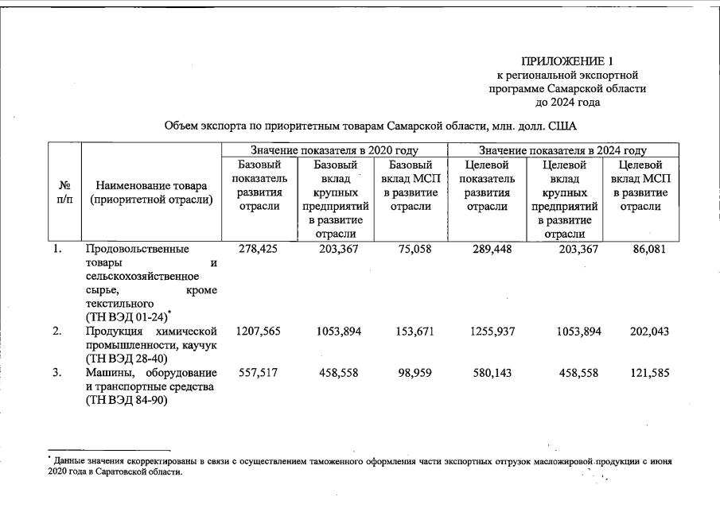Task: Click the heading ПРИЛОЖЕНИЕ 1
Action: pos(567,61)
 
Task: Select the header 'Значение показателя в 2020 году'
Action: pos(334,149)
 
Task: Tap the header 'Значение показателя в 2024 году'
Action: pos(562,149)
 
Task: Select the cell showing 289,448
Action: pos(487,249)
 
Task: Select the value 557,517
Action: pos(258,374)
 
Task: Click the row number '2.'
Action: pos(57,332)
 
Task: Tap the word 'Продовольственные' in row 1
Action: pos(137,249)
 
